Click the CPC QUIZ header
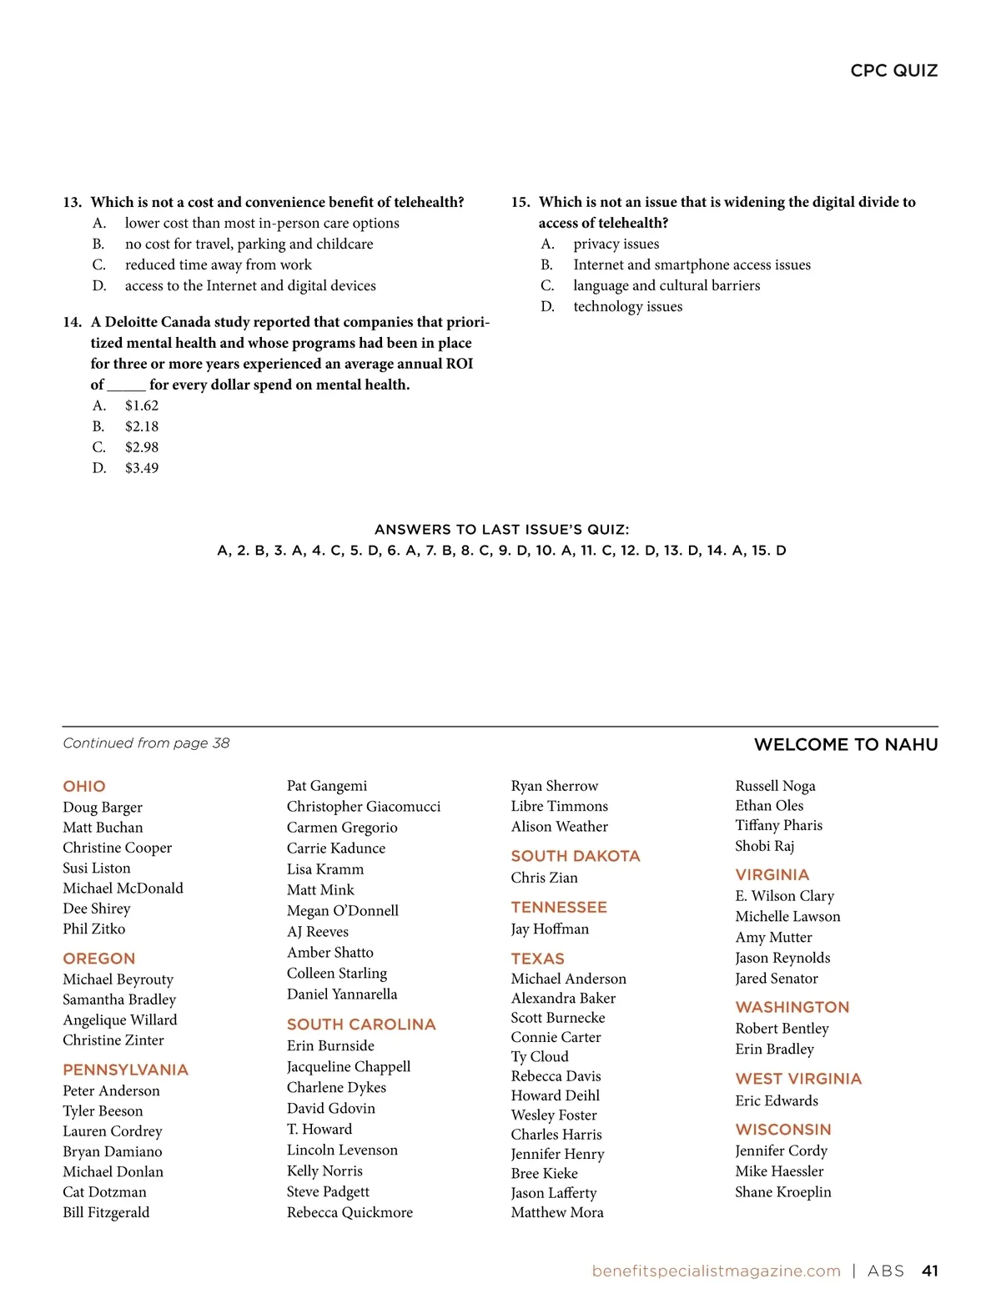(893, 71)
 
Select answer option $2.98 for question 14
(142, 447)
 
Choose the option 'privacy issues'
(616, 244)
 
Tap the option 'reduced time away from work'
(218, 264)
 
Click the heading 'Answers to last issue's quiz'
(501, 529)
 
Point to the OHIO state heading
(84, 786)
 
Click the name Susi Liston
(97, 868)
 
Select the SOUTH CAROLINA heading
(361, 1024)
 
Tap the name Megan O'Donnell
(342, 910)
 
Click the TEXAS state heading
(537, 959)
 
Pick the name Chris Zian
(544, 878)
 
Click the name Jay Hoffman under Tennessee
(550, 929)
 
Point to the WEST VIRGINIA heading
(798, 1079)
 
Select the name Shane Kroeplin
(782, 1191)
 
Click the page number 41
(929, 1271)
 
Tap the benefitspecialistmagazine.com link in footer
(716, 1271)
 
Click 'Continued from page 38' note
(146, 743)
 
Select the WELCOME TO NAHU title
(845, 744)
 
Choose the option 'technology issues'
(627, 306)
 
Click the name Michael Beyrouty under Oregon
(118, 979)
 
